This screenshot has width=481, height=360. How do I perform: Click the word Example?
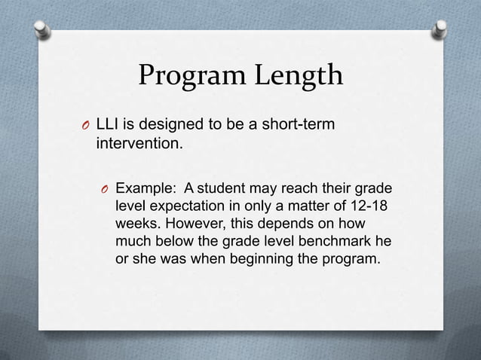pos(144,188)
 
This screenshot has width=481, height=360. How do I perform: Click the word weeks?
pos(136,224)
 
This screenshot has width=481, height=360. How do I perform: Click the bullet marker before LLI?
pos(87,124)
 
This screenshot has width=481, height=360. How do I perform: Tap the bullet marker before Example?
pos(106,188)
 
